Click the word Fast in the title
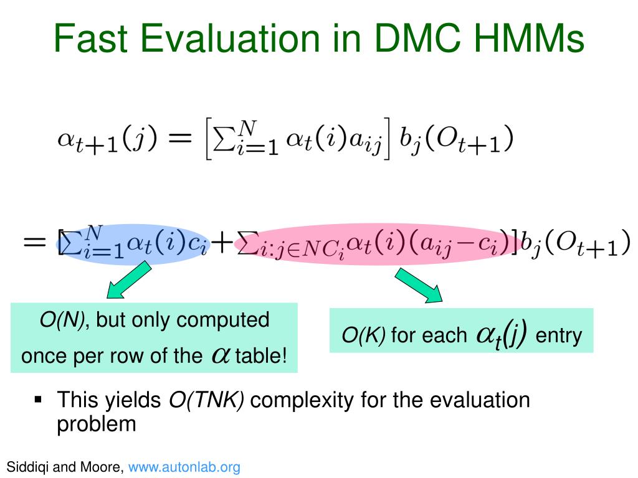click(x=90, y=38)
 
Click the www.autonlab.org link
click(x=184, y=467)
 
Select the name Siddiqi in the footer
click(x=27, y=467)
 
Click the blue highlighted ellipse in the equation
click(x=133, y=244)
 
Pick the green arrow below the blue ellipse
click(x=128, y=280)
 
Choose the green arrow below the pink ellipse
click(x=419, y=285)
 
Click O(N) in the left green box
click(x=62, y=320)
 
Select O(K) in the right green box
click(x=363, y=335)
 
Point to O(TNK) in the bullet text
click(x=206, y=400)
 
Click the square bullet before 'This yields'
click(x=38, y=400)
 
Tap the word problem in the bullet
click(x=97, y=424)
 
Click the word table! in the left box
click(x=261, y=355)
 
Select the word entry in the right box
click(x=559, y=336)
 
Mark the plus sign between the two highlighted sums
click(x=222, y=243)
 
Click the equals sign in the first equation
click(x=179, y=138)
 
